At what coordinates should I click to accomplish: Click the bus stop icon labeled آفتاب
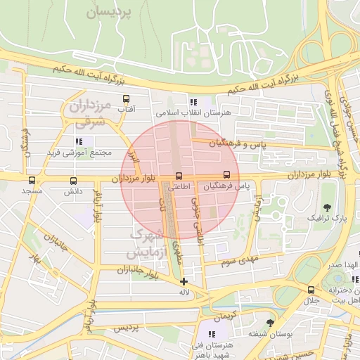click(127, 98)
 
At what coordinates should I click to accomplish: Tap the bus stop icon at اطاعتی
click(178, 176)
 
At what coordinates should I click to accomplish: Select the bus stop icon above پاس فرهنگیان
click(226, 174)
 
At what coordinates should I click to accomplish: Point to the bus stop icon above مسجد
click(32, 180)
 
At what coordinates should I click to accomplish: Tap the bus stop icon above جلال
click(311, 290)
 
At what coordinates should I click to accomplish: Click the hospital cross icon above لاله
click(184, 281)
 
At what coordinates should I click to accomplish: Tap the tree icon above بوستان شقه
click(269, 322)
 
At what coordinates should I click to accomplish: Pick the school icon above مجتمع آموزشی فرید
click(79, 141)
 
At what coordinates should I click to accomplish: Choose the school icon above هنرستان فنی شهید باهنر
click(211, 333)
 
